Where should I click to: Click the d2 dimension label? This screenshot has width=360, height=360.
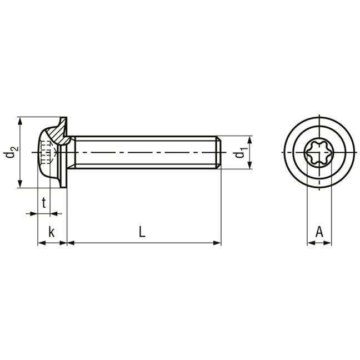pyautogui.click(x=11, y=152)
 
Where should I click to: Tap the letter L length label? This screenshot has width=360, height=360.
pyautogui.click(x=142, y=232)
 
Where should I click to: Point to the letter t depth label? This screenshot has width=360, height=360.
pyautogui.click(x=44, y=202)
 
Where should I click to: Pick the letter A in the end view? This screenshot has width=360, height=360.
pyautogui.click(x=319, y=232)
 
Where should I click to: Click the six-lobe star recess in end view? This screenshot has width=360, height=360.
pyautogui.click(x=319, y=152)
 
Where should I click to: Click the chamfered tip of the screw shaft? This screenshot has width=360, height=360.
pyautogui.click(x=218, y=152)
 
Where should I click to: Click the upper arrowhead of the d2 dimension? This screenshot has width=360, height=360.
pyautogui.click(x=20, y=121)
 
